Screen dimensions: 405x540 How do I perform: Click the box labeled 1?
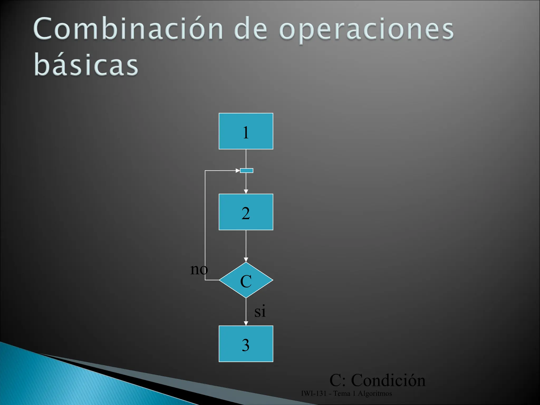pyautogui.click(x=246, y=131)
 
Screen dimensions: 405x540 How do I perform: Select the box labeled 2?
pyautogui.click(x=246, y=212)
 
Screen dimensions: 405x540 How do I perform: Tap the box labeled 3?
pyautogui.click(x=246, y=344)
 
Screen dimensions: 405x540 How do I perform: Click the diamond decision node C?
pyautogui.click(x=246, y=280)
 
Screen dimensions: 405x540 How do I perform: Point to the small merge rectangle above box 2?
pyautogui.click(x=247, y=171)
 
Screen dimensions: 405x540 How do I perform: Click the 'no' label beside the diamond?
pyautogui.click(x=199, y=269)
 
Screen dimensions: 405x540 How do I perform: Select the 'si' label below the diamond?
pyautogui.click(x=260, y=311)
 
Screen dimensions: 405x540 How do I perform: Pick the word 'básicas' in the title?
pyautogui.click(x=86, y=64)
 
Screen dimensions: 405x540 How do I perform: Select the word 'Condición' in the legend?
pyautogui.click(x=388, y=380)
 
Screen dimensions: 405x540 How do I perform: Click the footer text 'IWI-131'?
pyautogui.click(x=314, y=394)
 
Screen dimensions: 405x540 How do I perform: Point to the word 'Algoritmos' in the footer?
pyautogui.click(x=375, y=394)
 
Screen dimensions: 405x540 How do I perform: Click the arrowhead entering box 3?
pyautogui.click(x=246, y=324)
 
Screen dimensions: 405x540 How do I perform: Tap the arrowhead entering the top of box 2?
pyautogui.click(x=246, y=192)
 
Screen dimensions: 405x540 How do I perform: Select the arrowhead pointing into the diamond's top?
pyautogui.click(x=246, y=260)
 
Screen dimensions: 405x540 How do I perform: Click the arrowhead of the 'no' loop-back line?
pyautogui.click(x=238, y=171)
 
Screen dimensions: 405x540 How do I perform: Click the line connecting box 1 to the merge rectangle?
pyautogui.click(x=246, y=159)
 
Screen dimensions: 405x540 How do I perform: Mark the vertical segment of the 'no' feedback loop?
pyautogui.click(x=205, y=224)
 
